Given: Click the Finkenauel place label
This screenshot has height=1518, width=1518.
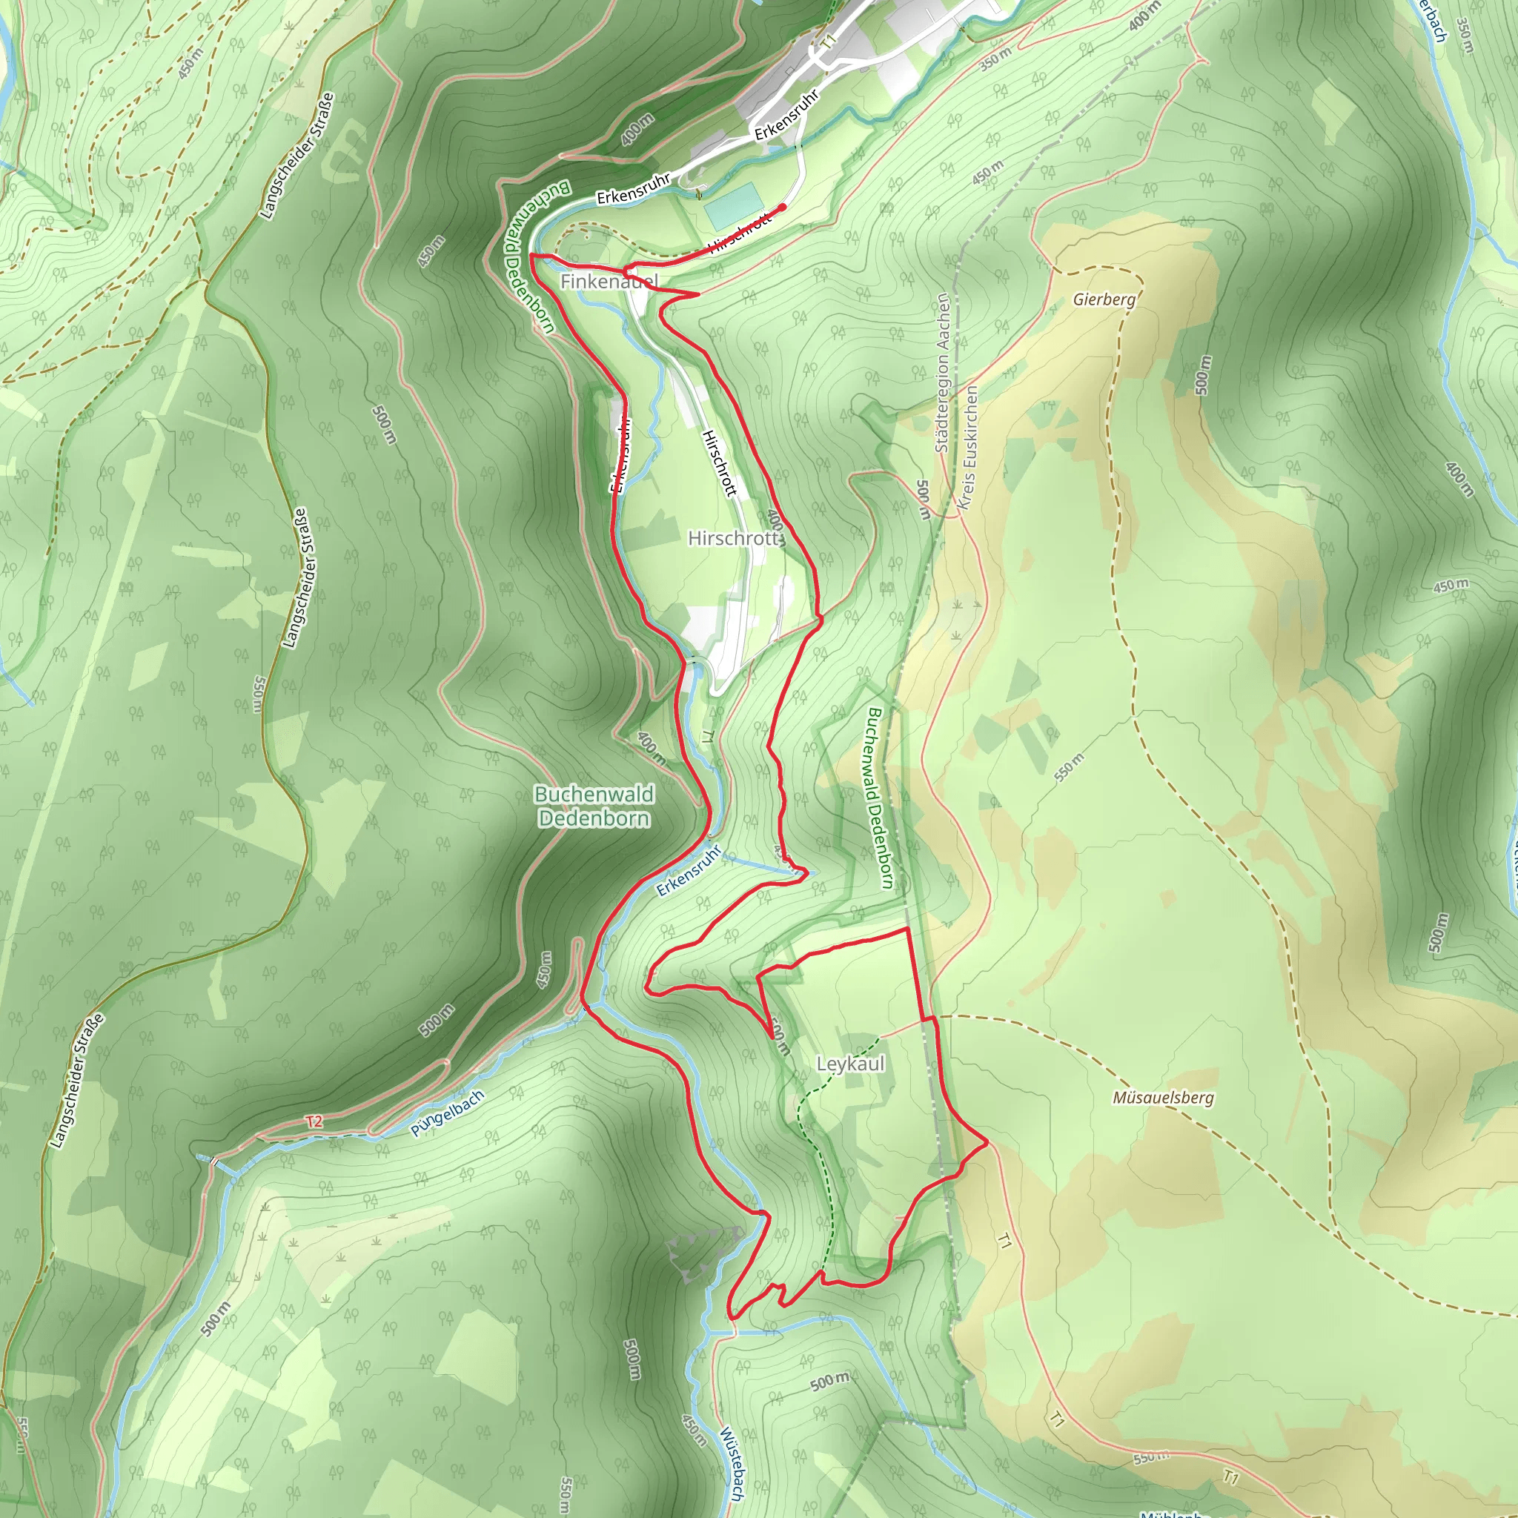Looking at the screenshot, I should (609, 280).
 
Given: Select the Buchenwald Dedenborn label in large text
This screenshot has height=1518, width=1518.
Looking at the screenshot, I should (594, 806).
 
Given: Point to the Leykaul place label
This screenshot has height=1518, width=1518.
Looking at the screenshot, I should (850, 1064).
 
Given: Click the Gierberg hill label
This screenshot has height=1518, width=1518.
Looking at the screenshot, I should (1104, 299).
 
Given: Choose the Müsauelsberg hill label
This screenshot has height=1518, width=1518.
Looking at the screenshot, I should (1163, 1098).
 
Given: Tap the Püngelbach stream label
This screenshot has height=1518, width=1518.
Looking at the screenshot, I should (447, 1113).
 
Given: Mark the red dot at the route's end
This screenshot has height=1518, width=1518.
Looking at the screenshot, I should (783, 208).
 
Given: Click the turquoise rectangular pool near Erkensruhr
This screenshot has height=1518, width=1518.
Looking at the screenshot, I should (733, 205).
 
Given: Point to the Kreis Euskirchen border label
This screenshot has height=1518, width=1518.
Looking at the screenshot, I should (969, 448).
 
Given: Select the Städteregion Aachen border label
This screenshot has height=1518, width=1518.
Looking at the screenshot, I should (943, 374).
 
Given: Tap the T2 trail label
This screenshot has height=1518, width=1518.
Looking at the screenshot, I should (314, 1121).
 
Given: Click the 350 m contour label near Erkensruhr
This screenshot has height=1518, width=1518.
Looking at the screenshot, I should (995, 59).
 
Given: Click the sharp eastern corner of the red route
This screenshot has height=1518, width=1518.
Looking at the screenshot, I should (987, 1141).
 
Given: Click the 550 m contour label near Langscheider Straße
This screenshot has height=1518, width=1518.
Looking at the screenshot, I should (259, 693).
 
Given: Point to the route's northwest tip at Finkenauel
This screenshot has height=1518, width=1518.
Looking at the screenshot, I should (533, 256).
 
